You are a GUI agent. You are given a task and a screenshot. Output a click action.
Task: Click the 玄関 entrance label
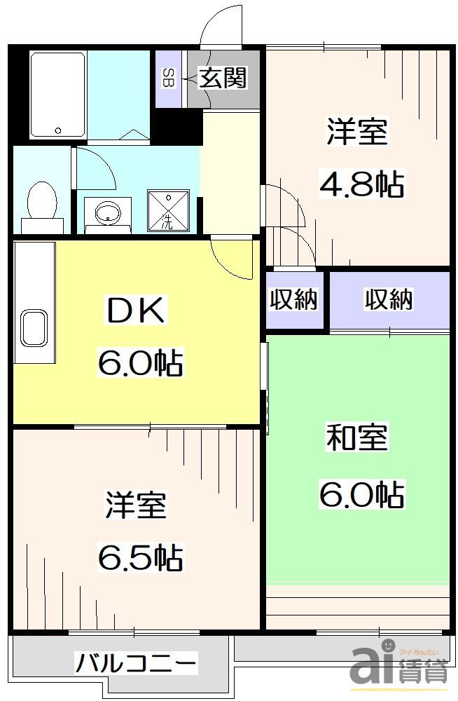click(223, 78)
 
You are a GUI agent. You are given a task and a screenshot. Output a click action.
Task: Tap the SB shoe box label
click(169, 78)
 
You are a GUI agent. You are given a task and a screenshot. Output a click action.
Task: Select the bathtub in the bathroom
click(58, 95)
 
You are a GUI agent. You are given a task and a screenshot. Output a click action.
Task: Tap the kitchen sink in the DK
click(34, 327)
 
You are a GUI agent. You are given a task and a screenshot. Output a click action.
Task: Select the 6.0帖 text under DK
click(140, 363)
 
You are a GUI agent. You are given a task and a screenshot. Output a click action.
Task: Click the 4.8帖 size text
click(361, 184)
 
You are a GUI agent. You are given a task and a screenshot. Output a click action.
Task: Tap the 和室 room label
click(356, 439)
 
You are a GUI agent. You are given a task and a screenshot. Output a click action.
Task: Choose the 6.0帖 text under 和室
click(361, 496)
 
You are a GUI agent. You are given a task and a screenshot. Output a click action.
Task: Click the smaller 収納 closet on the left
click(294, 299)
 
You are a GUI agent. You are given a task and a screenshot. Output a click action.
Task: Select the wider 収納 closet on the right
click(388, 299)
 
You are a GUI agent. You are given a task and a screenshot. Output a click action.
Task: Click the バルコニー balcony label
click(136, 662)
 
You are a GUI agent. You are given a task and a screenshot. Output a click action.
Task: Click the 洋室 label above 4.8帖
click(357, 132)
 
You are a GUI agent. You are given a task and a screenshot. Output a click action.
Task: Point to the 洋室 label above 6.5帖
click(136, 506)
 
